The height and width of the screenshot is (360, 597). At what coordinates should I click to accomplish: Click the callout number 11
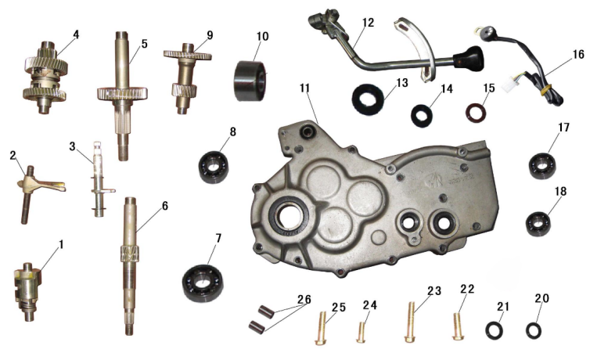[x=304, y=88]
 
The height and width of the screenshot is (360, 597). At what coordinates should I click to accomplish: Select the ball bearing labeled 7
[x=202, y=283]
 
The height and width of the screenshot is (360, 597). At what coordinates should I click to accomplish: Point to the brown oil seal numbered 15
[x=476, y=113]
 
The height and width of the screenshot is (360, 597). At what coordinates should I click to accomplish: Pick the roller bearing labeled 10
[x=250, y=81]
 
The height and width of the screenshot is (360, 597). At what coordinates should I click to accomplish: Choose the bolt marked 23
[x=410, y=322]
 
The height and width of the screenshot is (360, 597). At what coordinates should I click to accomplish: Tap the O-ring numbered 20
[x=534, y=330]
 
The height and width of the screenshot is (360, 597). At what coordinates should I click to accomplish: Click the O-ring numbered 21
[x=494, y=330]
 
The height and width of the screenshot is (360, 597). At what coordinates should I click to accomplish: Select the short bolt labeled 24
[x=361, y=332]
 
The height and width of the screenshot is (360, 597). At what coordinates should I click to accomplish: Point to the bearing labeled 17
[x=542, y=165]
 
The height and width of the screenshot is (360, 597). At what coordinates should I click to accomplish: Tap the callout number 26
[x=304, y=300]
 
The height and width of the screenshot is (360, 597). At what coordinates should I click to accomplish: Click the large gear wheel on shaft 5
[x=122, y=94]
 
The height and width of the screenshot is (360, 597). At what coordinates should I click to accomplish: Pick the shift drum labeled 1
[x=28, y=291]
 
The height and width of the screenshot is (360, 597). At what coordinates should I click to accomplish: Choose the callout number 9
[x=210, y=36]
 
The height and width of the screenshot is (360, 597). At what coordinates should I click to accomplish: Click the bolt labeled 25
[x=321, y=329]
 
